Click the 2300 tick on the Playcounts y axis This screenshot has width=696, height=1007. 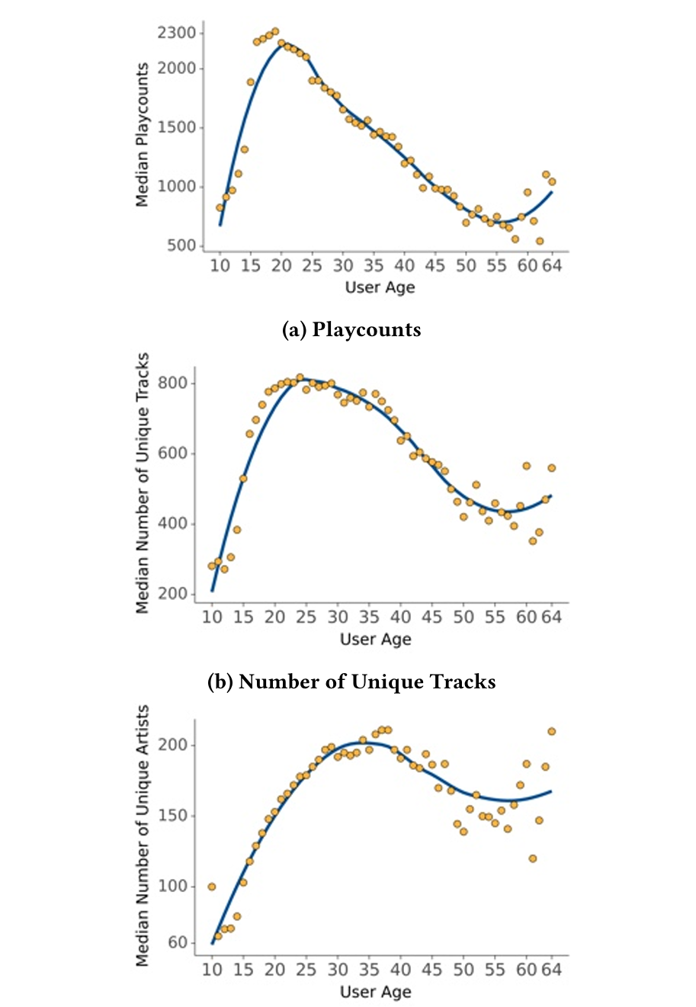coord(176,33)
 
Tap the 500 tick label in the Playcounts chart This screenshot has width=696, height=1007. coord(181,245)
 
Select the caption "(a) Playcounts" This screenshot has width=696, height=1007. coord(351,329)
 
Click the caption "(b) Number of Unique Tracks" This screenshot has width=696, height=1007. coord(351,681)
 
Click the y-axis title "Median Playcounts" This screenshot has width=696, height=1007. coord(142,135)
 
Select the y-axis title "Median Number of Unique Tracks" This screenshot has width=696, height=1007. coord(142,483)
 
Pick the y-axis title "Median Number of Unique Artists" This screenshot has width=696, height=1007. coord(142,835)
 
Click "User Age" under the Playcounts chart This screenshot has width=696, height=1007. coord(380,287)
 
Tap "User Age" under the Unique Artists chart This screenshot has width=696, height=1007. coord(375,992)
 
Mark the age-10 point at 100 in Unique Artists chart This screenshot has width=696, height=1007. coord(212,887)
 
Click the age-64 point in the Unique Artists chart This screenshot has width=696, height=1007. coord(551,732)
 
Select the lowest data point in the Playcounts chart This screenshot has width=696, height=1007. coord(539,241)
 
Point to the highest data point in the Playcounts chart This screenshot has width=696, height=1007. coord(274,32)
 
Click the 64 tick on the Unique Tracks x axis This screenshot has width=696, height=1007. coord(551,617)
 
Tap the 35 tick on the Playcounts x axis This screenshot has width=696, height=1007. coord(374,265)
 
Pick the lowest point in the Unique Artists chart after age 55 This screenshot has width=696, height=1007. coord(532,858)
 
